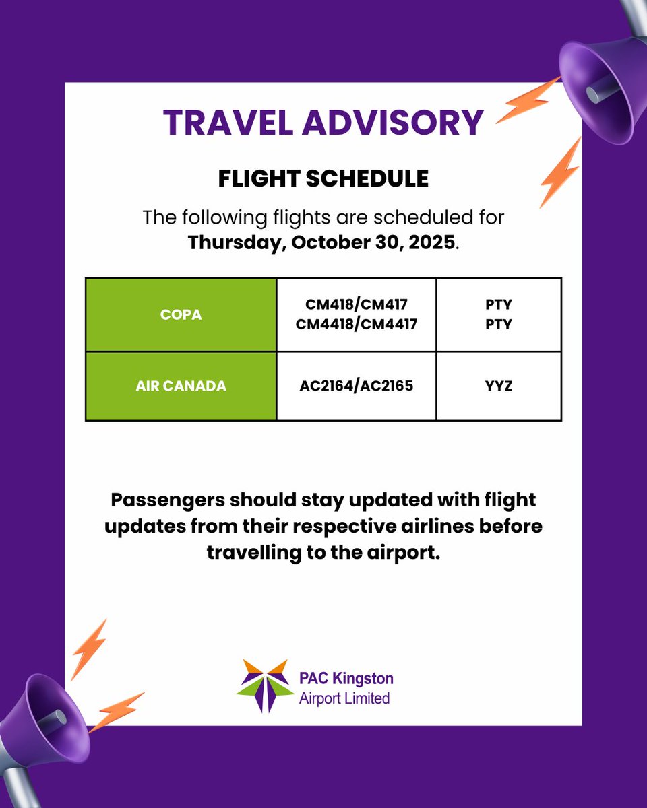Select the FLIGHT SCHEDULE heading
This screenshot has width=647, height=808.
(323, 178)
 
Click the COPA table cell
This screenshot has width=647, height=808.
(181, 314)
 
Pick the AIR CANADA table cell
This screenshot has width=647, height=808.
(181, 386)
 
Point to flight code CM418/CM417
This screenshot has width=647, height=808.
(357, 305)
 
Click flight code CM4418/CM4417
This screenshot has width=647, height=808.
(357, 324)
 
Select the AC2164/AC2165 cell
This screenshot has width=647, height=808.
(357, 386)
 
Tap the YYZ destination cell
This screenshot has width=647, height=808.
(499, 386)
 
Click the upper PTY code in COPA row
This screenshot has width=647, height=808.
(499, 305)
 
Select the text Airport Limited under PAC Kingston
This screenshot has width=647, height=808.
(344, 698)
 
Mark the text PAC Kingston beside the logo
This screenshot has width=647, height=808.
(346, 678)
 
